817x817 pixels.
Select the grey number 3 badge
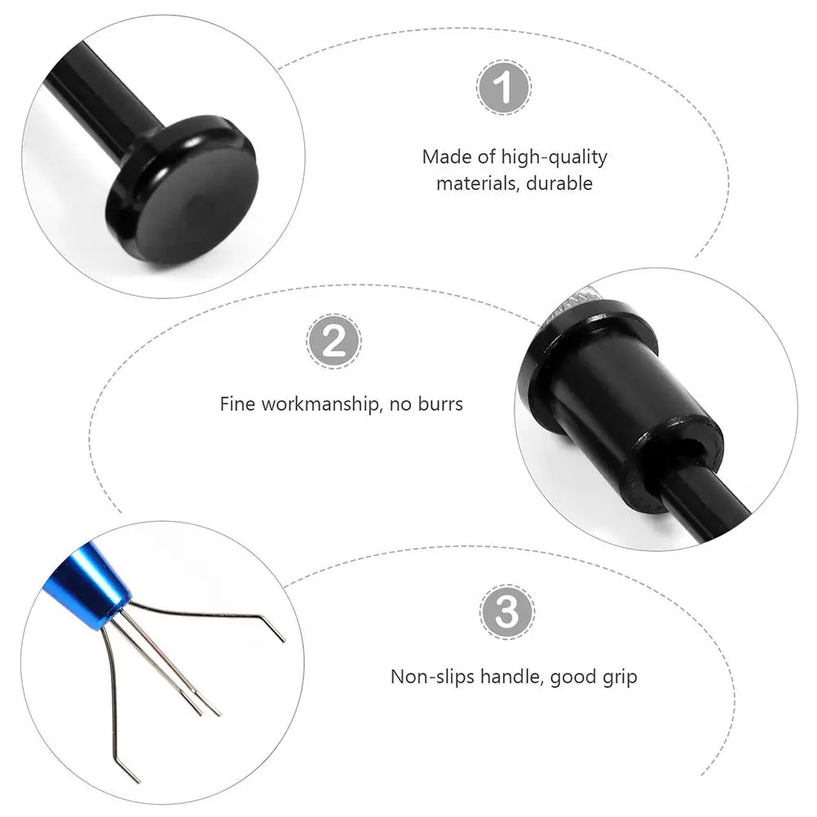pos(500,611)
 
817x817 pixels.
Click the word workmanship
pos(318,404)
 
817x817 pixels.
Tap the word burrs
pos(439,404)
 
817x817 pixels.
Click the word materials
pos(477,183)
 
